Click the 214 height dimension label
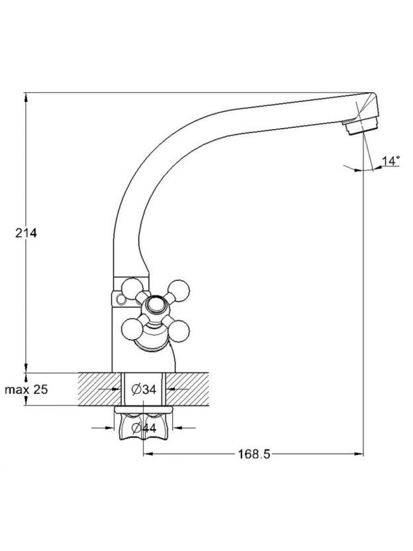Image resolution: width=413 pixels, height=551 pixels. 26,233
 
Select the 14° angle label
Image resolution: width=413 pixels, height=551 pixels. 391,161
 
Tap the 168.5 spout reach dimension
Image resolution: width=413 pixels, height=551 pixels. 254,454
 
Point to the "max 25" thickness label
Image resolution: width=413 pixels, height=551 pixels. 26,389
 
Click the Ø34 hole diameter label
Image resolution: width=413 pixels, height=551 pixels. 144,389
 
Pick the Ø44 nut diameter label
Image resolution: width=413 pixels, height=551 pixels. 144,428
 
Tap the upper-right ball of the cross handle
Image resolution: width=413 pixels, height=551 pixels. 179,291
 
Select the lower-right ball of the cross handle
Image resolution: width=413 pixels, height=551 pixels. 179,331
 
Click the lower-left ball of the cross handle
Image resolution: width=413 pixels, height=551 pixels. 132,330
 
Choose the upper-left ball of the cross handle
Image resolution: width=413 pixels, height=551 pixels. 132,289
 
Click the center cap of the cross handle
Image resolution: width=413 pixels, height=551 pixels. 156,305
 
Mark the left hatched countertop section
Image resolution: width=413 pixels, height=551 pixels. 99,389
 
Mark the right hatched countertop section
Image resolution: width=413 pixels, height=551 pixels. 187,389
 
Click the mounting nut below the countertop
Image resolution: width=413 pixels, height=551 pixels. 144,426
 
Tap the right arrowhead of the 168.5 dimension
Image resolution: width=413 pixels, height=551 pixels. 359,454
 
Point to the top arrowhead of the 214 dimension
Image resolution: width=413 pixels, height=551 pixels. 26,98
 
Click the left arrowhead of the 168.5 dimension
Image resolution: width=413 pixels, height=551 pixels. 148,454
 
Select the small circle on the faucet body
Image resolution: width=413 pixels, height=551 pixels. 120,299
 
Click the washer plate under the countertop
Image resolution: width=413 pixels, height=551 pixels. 144,409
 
